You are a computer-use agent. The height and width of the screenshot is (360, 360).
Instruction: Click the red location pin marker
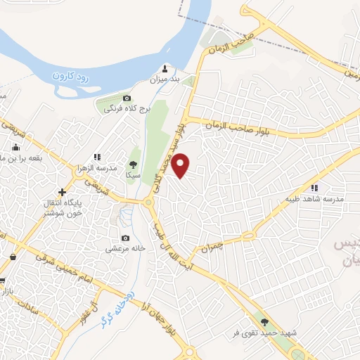point(181,165)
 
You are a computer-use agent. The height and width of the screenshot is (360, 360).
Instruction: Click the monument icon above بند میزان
point(165,68)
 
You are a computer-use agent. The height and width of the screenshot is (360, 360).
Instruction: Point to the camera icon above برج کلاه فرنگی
point(127,98)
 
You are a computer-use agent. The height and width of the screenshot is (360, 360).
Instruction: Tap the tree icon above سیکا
point(134,162)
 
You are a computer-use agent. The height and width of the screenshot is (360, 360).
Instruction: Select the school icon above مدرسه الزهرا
point(97,157)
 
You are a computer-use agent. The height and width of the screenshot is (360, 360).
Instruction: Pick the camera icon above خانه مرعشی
point(126,238)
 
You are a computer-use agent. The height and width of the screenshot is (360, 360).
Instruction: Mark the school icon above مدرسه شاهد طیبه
point(314,187)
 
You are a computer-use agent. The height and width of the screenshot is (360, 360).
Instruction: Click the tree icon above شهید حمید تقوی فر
point(264,322)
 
